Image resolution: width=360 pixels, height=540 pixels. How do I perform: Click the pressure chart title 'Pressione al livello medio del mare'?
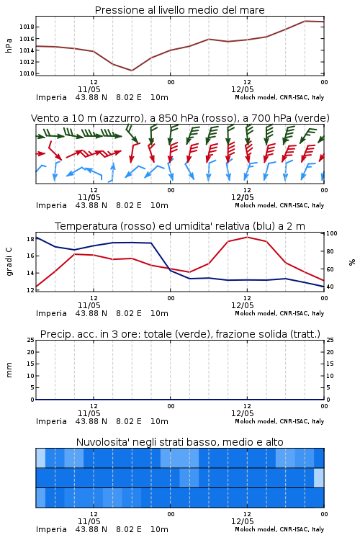click(179, 10)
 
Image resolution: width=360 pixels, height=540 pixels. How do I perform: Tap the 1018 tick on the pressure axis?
click(27, 27)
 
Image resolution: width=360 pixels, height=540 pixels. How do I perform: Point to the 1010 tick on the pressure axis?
click(27, 73)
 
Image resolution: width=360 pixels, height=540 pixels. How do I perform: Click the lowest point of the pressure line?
click(132, 71)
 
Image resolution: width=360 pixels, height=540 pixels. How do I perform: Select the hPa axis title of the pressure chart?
click(9, 45)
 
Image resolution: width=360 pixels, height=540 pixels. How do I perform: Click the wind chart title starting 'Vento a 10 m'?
click(180, 118)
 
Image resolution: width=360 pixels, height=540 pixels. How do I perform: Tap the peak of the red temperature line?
click(247, 237)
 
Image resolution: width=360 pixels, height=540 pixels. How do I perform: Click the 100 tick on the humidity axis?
click(332, 233)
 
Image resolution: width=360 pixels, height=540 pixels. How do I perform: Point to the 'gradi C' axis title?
click(9, 262)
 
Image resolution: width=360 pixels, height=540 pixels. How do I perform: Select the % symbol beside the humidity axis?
click(352, 262)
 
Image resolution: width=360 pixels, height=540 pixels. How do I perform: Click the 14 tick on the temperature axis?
click(30, 273)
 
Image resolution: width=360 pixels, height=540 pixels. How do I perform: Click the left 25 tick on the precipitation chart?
click(31, 341)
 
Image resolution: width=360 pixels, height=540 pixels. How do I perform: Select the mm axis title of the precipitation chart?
click(9, 370)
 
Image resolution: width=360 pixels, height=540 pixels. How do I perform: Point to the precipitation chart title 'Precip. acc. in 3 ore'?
click(180, 334)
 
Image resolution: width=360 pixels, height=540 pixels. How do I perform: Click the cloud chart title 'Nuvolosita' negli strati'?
click(179, 442)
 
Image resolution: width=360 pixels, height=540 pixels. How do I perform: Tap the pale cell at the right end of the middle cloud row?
click(319, 477)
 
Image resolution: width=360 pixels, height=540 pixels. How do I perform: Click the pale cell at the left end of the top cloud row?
click(40, 458)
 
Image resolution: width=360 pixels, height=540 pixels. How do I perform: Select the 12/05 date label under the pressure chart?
click(243, 89)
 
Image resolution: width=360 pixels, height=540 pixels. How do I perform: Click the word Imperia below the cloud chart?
click(51, 529)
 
